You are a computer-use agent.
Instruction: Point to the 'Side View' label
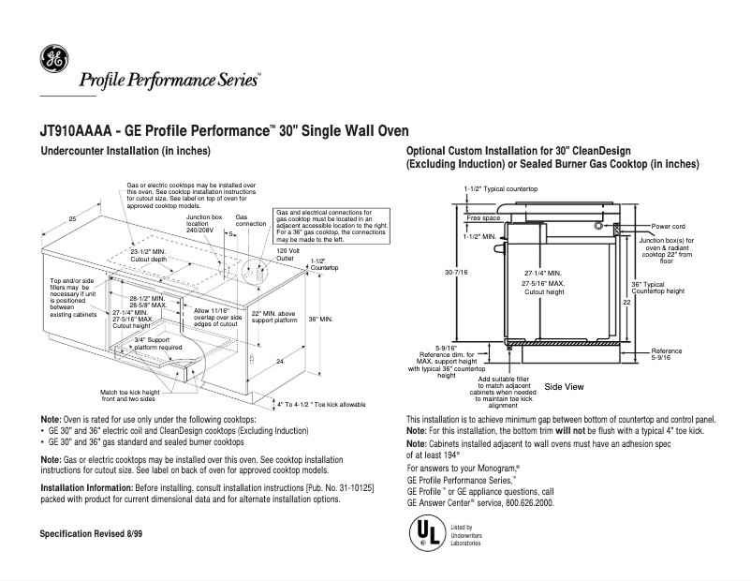click(x=564, y=386)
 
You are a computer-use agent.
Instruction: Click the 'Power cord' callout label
click(x=669, y=227)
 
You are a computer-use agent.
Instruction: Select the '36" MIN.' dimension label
click(x=320, y=320)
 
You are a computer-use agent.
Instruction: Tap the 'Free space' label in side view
click(x=483, y=217)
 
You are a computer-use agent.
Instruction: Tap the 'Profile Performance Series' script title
click(x=169, y=80)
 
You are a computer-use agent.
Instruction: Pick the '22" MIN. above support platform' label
click(x=274, y=316)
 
